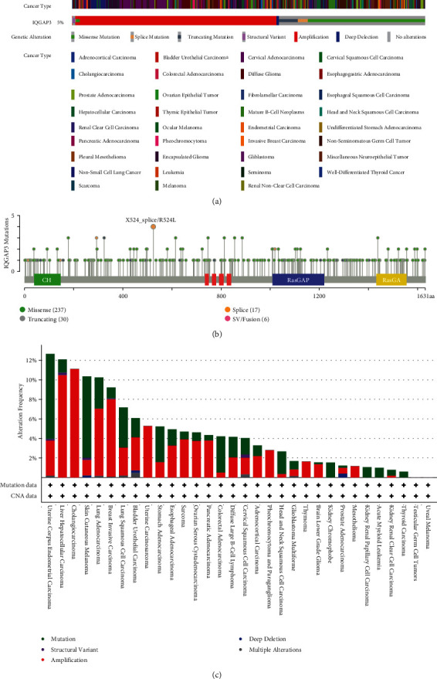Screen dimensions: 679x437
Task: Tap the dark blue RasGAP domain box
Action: click(x=298, y=279)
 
